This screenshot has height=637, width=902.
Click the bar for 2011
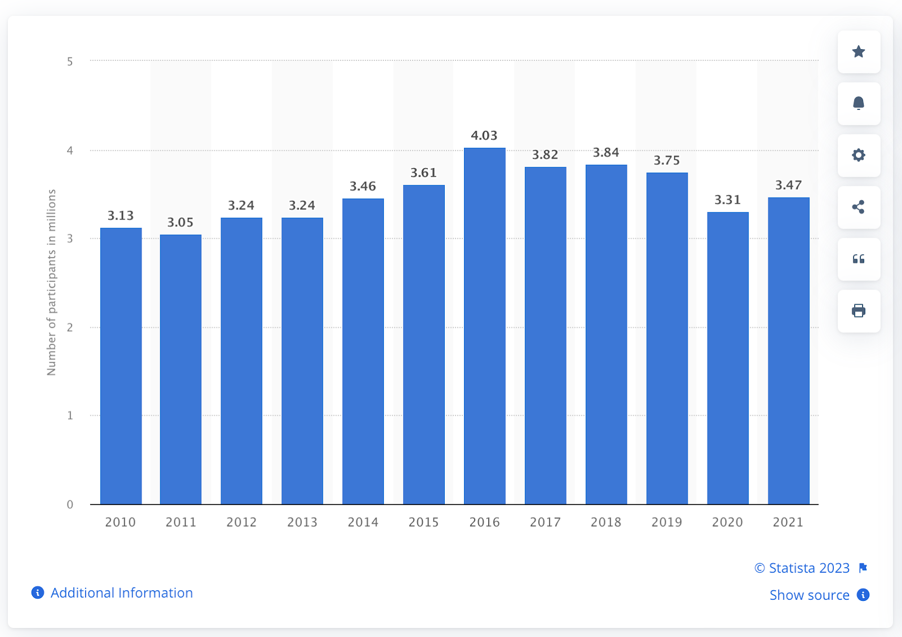[x=180, y=370]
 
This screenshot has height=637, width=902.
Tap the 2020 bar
[x=727, y=358]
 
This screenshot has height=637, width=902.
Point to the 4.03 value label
[x=484, y=135]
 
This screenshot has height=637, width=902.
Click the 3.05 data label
[x=180, y=222]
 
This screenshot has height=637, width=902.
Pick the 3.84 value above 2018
[x=606, y=152]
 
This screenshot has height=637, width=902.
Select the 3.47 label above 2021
[x=788, y=185]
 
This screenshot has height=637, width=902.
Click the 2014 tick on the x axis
[x=363, y=522]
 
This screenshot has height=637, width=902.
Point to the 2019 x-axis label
[x=666, y=522]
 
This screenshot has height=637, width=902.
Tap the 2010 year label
[x=120, y=522]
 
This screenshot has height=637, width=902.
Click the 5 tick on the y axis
[x=70, y=61]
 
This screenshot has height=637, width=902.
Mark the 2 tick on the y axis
[x=70, y=328]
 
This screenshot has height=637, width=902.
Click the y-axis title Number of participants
[x=51, y=282]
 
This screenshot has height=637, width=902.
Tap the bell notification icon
[x=859, y=103]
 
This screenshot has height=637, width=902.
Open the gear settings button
[x=859, y=155]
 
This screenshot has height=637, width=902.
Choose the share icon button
[x=859, y=207]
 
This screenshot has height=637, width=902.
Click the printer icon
[x=859, y=311]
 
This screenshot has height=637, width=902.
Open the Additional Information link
[x=121, y=593]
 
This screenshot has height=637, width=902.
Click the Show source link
[x=809, y=595]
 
